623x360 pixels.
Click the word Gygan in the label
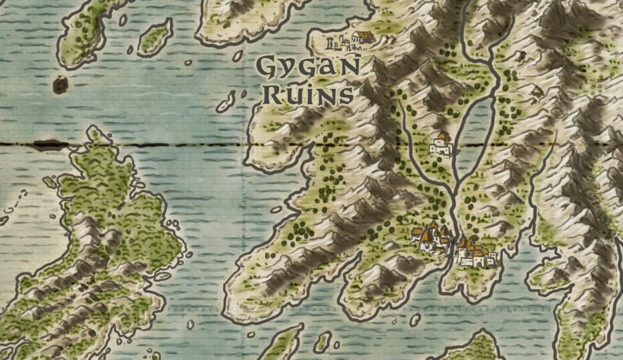point(308,68)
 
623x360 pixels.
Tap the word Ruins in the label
point(307,94)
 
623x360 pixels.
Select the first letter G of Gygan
point(268,67)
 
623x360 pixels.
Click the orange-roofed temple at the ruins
point(363,37)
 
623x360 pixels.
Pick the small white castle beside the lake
point(441,145)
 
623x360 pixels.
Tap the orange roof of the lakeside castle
point(443,136)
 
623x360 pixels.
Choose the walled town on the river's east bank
point(475,253)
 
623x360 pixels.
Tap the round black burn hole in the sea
point(60,85)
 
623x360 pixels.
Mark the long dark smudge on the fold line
point(50,144)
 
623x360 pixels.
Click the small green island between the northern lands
point(155,37)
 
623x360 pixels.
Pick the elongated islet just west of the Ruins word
point(226,102)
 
